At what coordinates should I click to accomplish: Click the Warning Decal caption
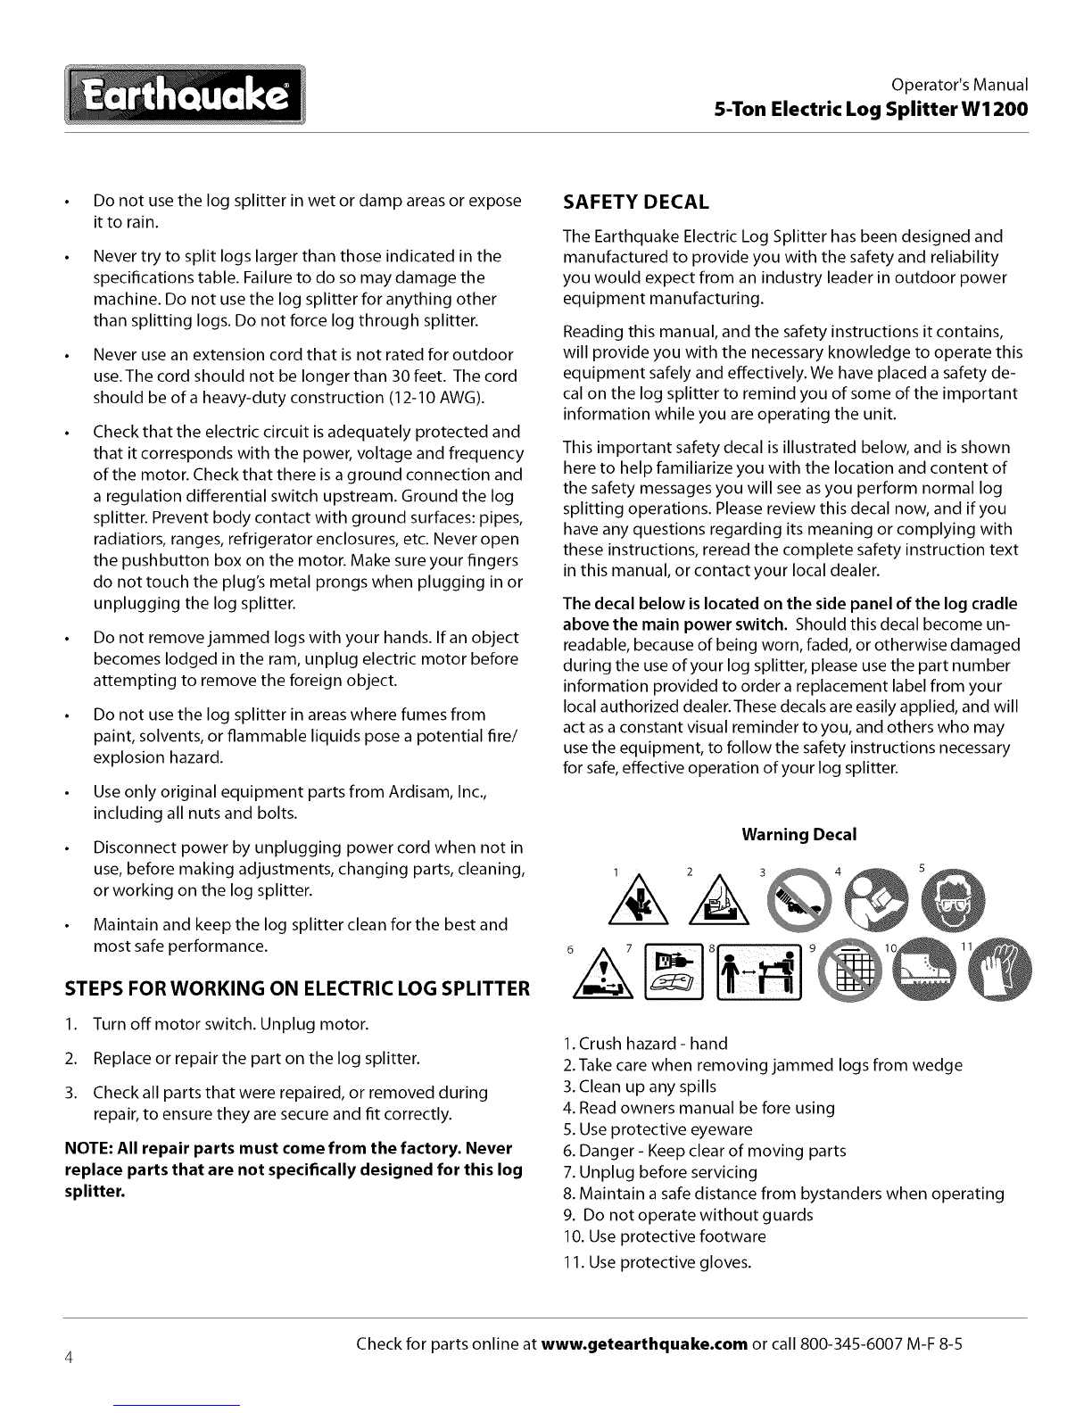(798, 834)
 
